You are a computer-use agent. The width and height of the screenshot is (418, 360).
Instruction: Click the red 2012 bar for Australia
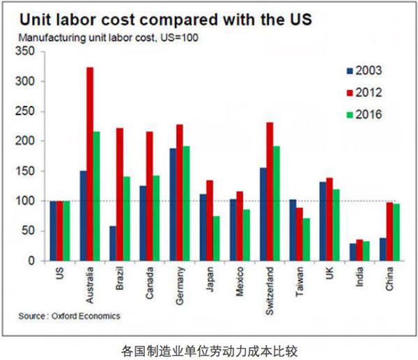(x=90, y=164)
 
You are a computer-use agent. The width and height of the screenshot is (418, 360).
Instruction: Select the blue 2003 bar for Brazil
(x=113, y=243)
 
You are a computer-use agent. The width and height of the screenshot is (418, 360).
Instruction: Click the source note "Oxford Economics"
(x=70, y=316)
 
